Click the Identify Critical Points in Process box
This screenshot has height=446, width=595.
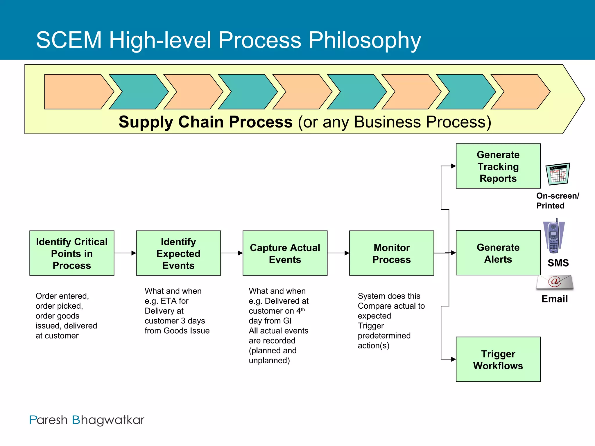[x=72, y=253]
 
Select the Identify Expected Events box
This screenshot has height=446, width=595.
[x=178, y=253]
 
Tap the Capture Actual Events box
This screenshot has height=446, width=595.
[x=285, y=253]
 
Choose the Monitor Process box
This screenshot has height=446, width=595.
[x=391, y=253]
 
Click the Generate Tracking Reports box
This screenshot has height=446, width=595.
[x=498, y=166]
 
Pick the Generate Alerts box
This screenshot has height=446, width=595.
[x=498, y=253]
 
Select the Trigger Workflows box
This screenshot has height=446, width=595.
[x=498, y=359]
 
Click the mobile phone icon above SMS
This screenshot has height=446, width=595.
[x=554, y=236]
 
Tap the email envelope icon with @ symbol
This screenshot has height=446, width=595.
[x=555, y=282]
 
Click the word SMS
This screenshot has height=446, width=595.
[x=558, y=263]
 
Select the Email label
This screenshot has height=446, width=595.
[x=554, y=299]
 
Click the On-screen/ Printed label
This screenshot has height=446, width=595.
[x=557, y=201]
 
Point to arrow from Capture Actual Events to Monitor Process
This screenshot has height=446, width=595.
[x=338, y=253]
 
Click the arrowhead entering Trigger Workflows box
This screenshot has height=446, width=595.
[x=453, y=359]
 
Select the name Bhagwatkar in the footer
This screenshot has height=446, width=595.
[x=108, y=420]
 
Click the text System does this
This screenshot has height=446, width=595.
[x=389, y=296]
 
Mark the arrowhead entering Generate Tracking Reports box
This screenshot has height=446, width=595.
[x=453, y=166]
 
